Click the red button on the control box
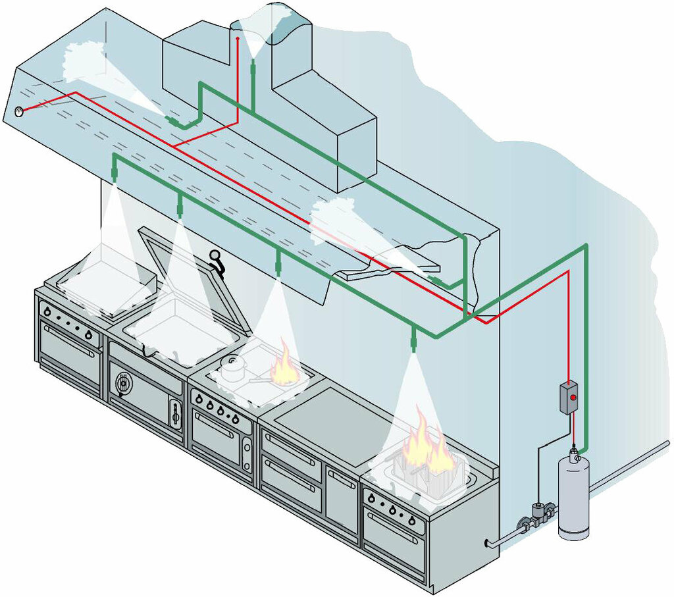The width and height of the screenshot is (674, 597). coord(573,398)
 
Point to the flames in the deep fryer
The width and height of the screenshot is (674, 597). coord(421,445)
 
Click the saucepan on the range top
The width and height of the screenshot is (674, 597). coord(232,369)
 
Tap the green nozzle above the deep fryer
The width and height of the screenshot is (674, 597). coord(413,340)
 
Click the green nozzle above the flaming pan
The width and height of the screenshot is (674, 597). coord(278,265)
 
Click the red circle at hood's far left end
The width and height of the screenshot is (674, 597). coord(18,112)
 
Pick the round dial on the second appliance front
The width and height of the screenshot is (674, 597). coord(122,382)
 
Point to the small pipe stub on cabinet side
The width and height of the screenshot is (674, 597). coord(488,543)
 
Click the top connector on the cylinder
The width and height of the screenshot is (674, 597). coord(574,450)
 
